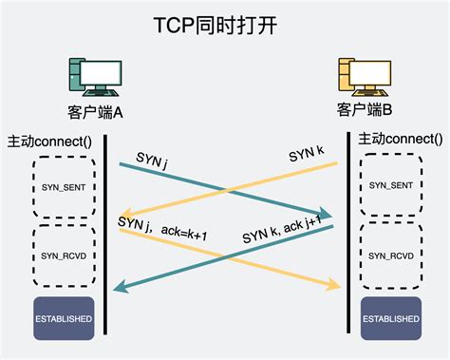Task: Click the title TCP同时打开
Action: pos(224,23)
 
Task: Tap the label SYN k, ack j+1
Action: pos(282,227)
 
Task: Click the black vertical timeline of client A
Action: pos(104,237)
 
